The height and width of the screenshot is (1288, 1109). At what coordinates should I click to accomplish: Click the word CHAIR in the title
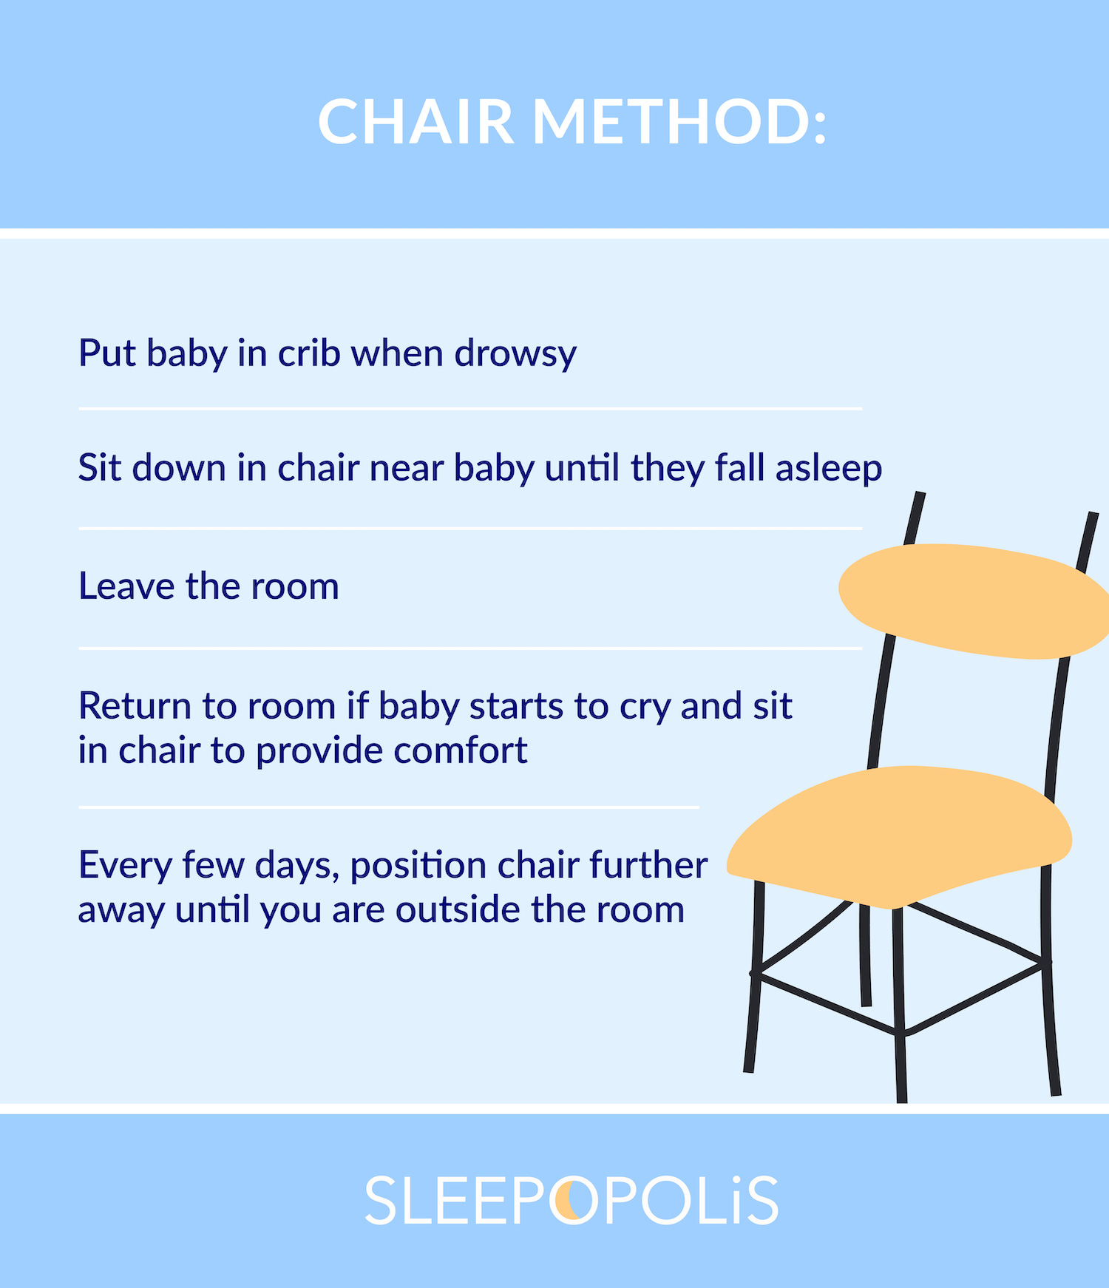click(x=416, y=122)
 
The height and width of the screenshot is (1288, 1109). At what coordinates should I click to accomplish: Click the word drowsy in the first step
click(x=515, y=354)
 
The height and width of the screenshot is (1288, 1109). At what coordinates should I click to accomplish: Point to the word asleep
click(x=828, y=469)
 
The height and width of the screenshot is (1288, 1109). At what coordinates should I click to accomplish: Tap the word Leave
click(x=126, y=586)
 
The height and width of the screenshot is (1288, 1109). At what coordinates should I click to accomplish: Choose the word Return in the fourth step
click(x=135, y=706)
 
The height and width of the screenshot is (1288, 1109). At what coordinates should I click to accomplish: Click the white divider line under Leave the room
click(x=470, y=648)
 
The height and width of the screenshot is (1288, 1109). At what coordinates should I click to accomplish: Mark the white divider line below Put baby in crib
click(x=470, y=408)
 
